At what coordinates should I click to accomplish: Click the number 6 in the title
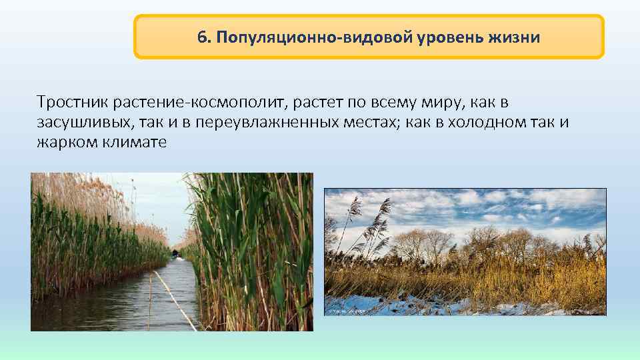tap(201, 37)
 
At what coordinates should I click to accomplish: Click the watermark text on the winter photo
tap(343, 311)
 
